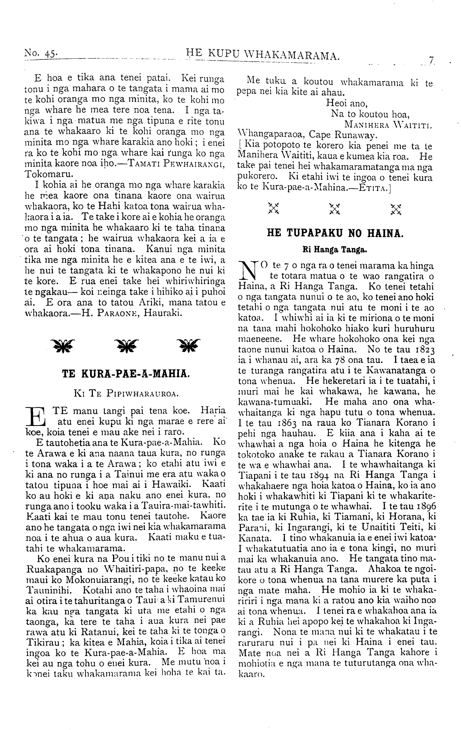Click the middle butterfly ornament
pos(126,345)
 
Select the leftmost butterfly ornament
pos(63,345)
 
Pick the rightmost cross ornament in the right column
pos(396,209)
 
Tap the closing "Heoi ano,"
pos(346,104)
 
